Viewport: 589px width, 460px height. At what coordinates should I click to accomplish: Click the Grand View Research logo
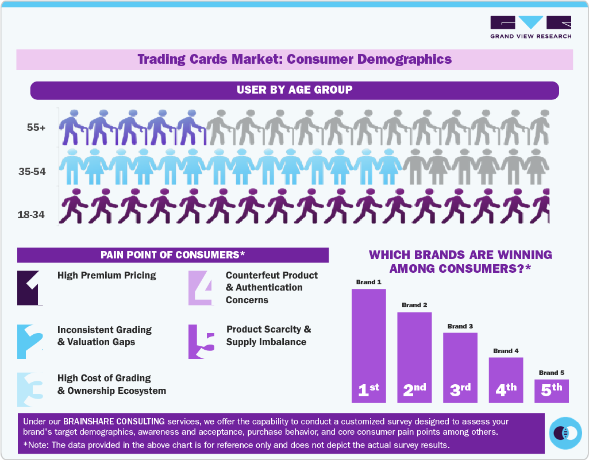tap(530, 27)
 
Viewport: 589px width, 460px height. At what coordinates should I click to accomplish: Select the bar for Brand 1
tap(368, 345)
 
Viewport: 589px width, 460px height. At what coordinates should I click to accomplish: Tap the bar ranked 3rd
tap(460, 368)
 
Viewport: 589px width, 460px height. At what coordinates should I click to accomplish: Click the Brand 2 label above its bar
tap(414, 305)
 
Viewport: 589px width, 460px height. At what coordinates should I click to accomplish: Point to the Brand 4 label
tap(506, 351)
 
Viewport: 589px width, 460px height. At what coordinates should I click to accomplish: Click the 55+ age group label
tap(36, 127)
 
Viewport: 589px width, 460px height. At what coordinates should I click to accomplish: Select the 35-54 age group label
tap(33, 171)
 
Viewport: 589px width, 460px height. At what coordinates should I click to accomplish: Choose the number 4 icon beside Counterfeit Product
tap(201, 287)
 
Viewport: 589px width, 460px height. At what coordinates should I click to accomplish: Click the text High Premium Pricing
tap(107, 276)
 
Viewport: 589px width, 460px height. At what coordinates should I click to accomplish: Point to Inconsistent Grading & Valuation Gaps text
tap(105, 336)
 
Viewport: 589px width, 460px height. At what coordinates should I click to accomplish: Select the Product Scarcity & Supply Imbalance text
tap(268, 336)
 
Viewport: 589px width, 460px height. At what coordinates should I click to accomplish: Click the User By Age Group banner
tap(294, 90)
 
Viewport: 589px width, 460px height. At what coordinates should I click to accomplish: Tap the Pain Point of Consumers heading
tap(173, 255)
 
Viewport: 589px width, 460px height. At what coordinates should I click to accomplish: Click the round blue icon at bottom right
tap(565, 433)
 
